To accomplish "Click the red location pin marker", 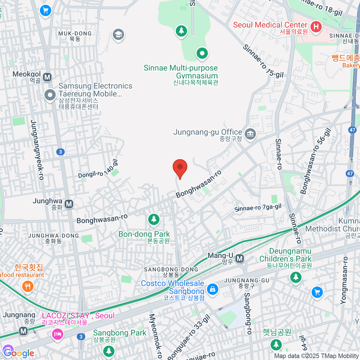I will [x=180, y=168].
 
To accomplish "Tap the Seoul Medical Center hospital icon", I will [x=316, y=27].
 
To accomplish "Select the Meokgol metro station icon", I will [x=47, y=77].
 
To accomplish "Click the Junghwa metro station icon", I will [x=69, y=204].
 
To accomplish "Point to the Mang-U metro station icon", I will [x=239, y=258].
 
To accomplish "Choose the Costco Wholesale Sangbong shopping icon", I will [x=212, y=289].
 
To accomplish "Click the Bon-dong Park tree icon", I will [x=154, y=219].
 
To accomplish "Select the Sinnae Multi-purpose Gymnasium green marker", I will [x=202, y=54].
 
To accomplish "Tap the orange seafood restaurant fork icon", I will [x=28, y=286].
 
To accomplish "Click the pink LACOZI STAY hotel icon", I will [x=57, y=334].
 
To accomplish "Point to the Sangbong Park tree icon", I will [x=109, y=350].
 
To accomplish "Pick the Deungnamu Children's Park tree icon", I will [x=296, y=277].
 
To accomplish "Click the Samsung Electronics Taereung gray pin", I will [x=50, y=95].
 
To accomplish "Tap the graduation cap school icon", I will [x=118, y=34].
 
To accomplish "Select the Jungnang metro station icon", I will [x=23, y=331].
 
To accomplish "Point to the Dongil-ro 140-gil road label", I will [x=98, y=170].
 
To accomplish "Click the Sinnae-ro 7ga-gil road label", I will [x=258, y=207].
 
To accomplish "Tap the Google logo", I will [x=19, y=353].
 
